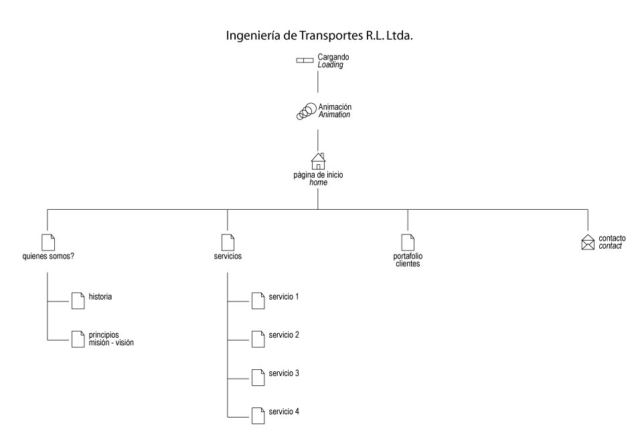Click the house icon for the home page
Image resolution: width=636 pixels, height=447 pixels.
318,162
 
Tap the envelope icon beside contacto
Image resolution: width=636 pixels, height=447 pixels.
588,242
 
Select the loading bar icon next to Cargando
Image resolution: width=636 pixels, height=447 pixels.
305,60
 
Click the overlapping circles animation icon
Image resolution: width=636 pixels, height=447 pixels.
306,111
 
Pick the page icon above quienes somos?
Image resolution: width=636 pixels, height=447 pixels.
48,243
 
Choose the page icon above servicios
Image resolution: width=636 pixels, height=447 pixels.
228,243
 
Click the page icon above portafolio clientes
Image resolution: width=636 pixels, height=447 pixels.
408,243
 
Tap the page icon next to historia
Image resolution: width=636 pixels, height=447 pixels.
78,301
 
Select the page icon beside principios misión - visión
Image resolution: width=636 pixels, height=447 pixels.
78,339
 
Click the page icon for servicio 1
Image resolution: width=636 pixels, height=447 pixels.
258,301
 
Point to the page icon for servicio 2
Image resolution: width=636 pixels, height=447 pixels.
258,339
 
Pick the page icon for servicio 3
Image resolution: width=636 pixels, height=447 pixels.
258,377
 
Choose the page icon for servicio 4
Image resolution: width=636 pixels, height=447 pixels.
258,416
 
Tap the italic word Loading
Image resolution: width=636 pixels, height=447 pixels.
330,65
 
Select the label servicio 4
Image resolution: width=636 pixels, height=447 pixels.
284,411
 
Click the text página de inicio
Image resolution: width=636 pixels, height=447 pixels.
319,175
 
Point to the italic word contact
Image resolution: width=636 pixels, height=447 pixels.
610,246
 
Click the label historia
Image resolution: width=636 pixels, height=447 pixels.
100,297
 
